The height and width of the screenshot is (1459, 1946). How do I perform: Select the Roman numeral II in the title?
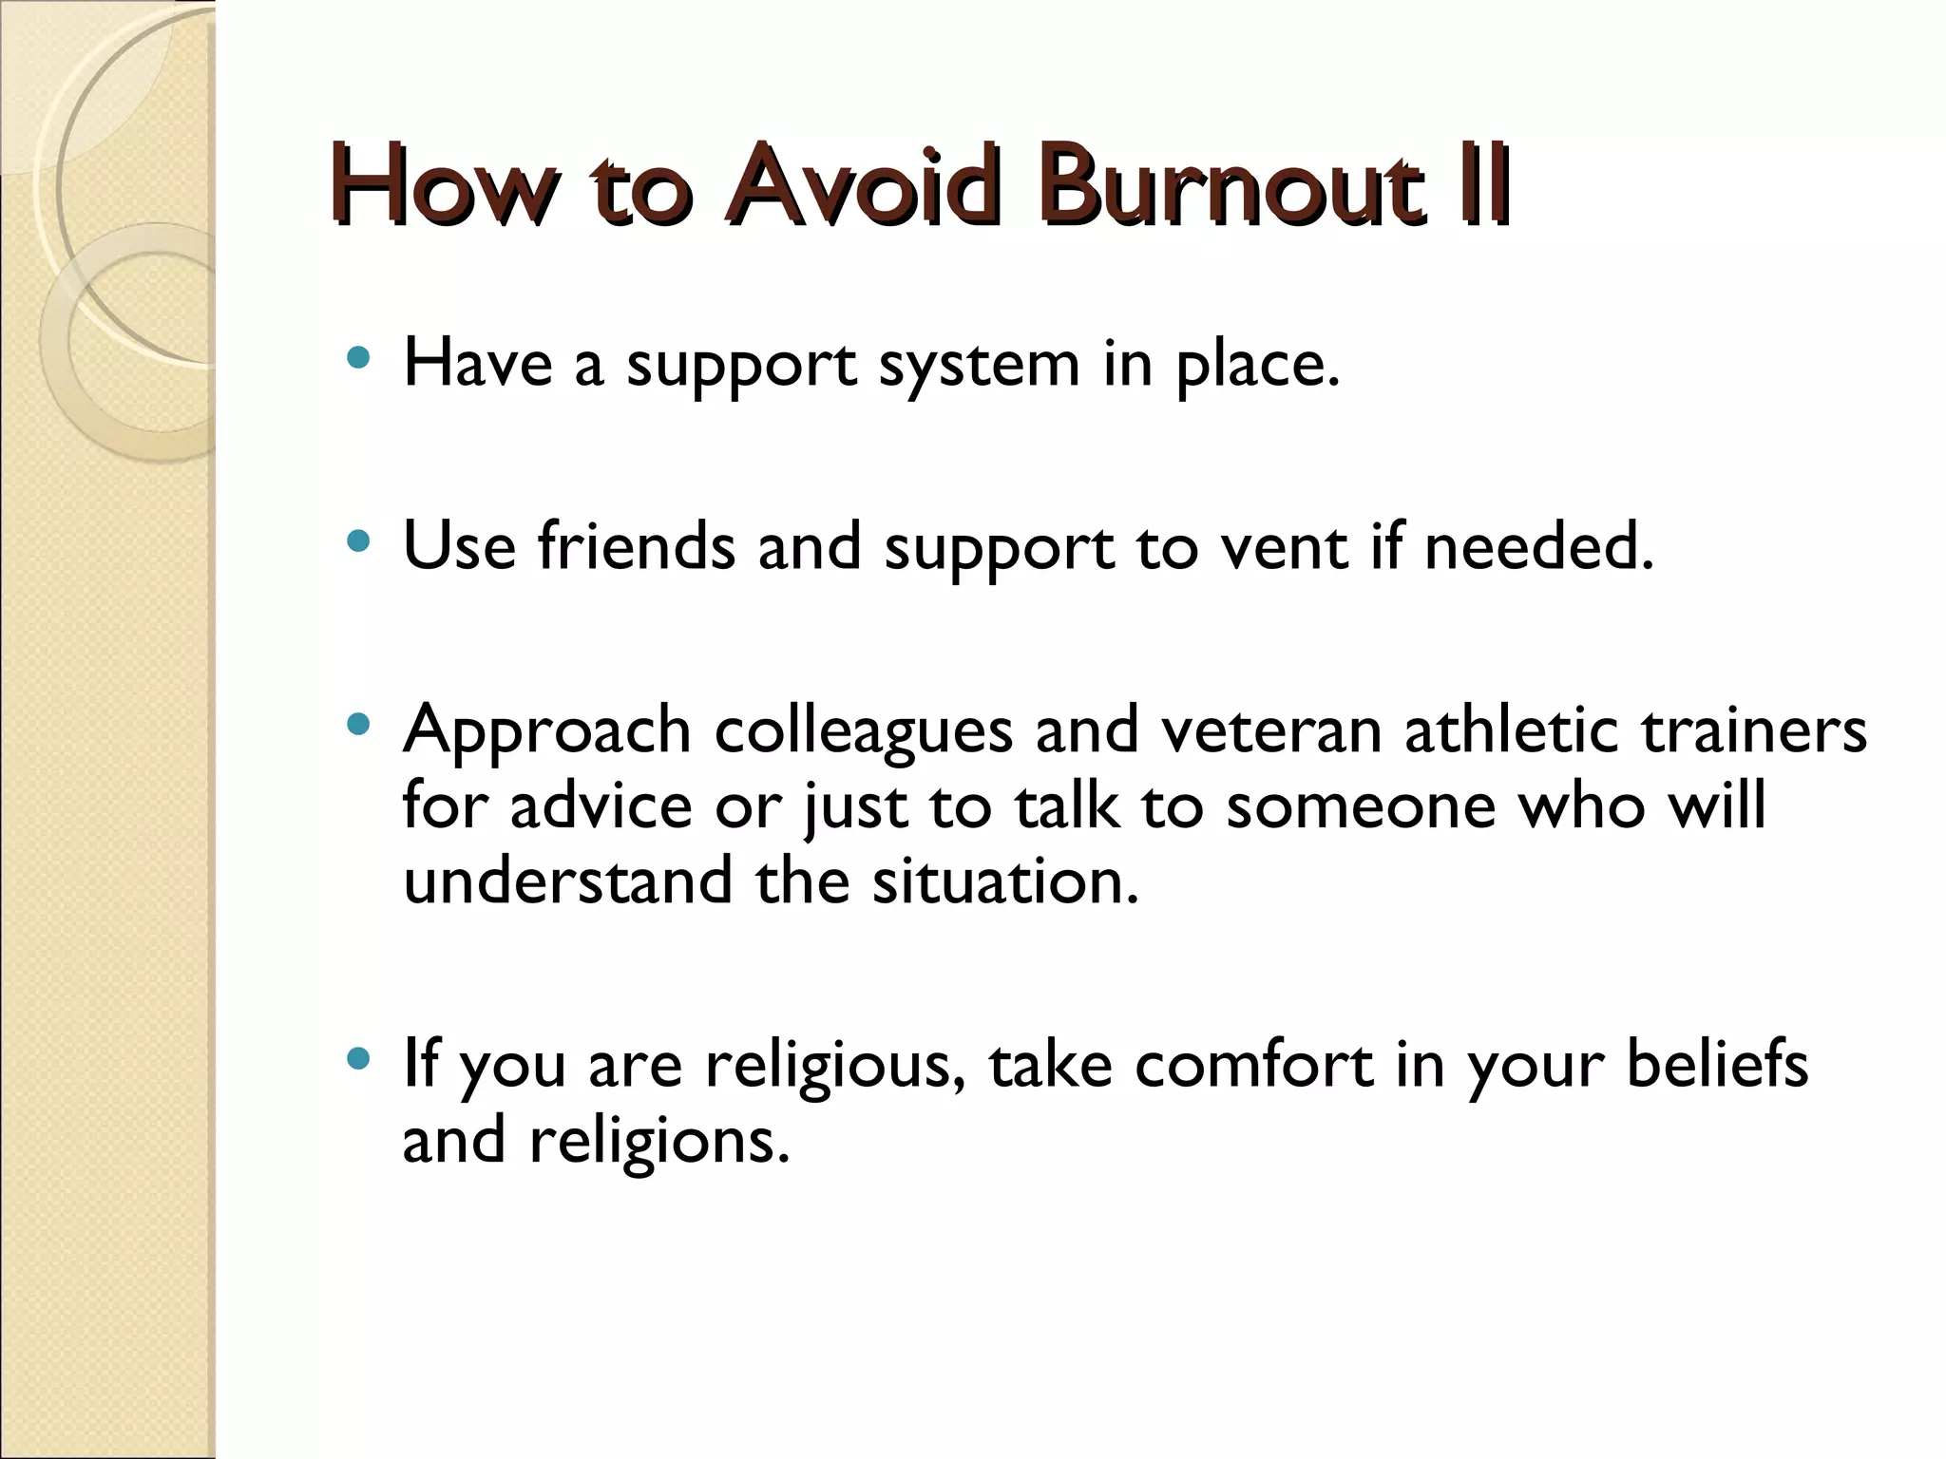(x=1482, y=185)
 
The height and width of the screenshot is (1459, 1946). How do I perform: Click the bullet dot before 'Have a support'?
(x=358, y=358)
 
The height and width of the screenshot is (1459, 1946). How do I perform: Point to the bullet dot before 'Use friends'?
(x=358, y=542)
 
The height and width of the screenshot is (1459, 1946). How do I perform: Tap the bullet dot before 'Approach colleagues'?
(x=358, y=726)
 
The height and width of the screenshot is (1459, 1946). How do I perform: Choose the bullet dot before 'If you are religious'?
(x=358, y=1059)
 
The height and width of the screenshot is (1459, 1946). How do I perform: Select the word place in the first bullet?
(x=1256, y=366)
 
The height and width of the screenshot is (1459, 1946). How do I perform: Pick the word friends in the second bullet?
(x=636, y=548)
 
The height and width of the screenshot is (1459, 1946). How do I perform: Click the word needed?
(x=1539, y=548)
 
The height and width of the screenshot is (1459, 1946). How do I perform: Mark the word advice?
(x=601, y=806)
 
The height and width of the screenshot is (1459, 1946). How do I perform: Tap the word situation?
(x=1004, y=881)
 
